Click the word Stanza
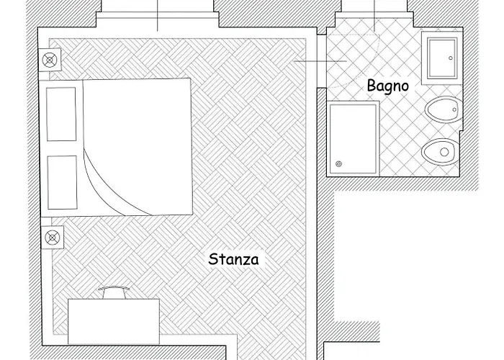233,259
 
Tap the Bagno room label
388,86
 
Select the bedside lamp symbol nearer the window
50,60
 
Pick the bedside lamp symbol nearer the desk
53,238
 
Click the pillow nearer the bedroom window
61,114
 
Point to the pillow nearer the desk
63,183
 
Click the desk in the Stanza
114,321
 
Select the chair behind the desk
114,292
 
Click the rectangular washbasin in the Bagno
442,58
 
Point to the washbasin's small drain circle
450,58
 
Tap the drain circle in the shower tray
338,164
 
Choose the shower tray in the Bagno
353,138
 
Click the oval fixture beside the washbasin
444,109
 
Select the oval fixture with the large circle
441,152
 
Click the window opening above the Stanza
158,14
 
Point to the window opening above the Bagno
374,14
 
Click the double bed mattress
138,147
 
